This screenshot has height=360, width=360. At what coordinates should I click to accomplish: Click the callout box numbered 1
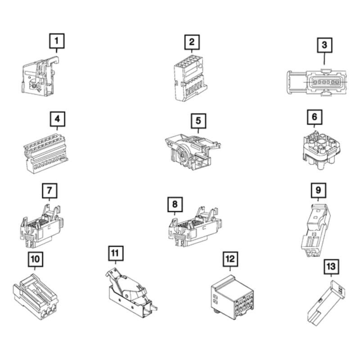point(57,41)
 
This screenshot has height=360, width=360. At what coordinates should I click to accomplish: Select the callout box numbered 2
point(192,42)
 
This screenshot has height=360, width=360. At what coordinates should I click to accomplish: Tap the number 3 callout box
point(324,45)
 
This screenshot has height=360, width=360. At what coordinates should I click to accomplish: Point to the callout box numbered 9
point(318,190)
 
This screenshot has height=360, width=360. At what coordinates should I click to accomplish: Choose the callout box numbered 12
point(230,259)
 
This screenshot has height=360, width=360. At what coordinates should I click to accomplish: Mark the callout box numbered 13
point(331,267)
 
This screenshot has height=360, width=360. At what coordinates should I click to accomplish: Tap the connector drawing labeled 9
point(315,231)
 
